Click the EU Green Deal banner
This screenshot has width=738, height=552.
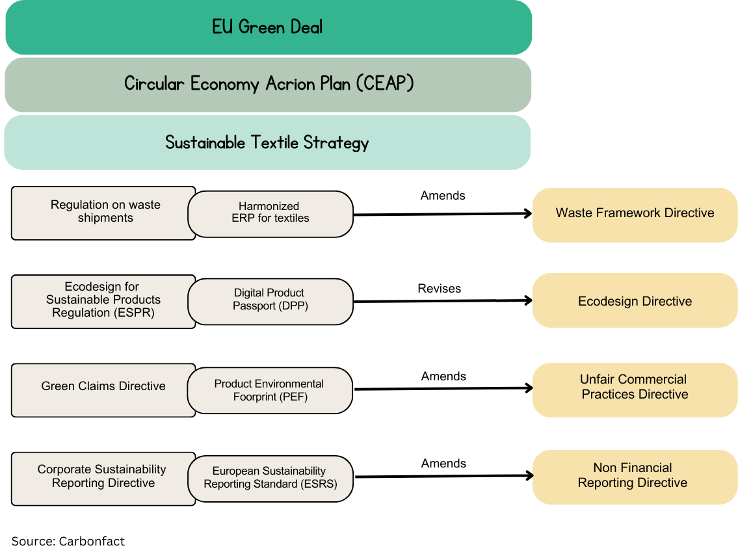pyautogui.click(x=269, y=27)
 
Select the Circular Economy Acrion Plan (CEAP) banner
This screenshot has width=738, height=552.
pyautogui.click(x=269, y=85)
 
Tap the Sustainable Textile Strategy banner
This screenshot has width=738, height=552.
pyautogui.click(x=267, y=142)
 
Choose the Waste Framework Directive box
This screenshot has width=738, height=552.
pyautogui.click(x=635, y=214)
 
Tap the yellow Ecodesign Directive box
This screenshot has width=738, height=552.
pyautogui.click(x=635, y=301)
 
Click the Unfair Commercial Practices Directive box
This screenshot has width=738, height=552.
pyautogui.click(x=635, y=388)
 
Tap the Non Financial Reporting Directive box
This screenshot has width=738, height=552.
pyautogui.click(x=635, y=477)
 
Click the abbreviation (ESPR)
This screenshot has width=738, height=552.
pyautogui.click(x=134, y=313)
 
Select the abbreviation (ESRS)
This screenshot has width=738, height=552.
pyautogui.click(x=319, y=484)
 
